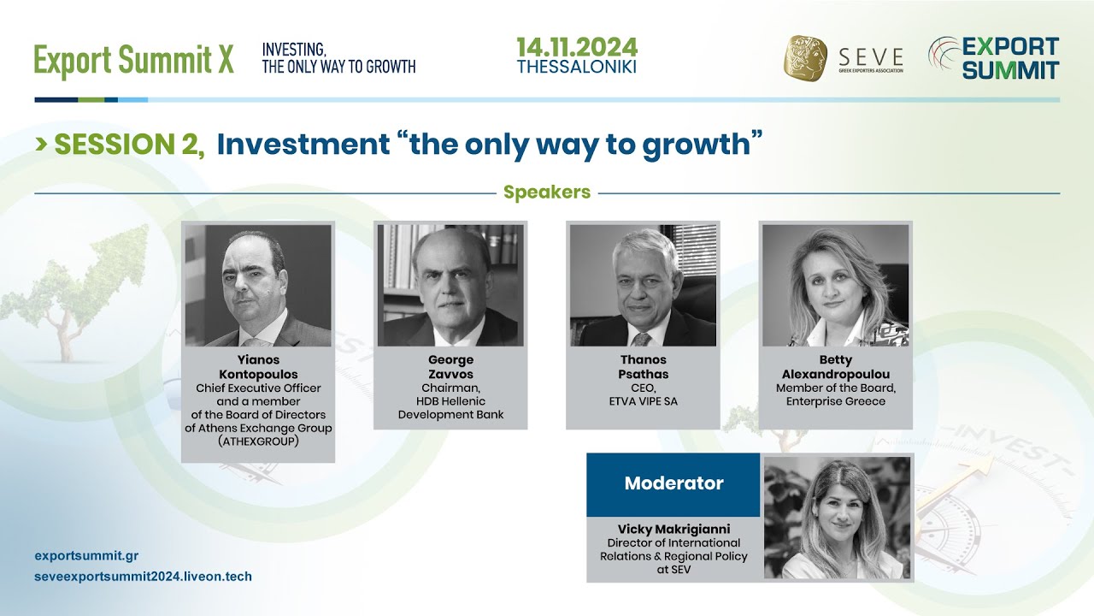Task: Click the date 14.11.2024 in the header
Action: tap(576, 47)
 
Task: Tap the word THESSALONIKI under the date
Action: tap(576, 67)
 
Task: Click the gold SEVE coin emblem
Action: tap(805, 58)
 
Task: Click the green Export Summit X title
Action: tap(133, 61)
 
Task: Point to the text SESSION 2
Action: tap(128, 145)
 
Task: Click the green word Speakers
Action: tap(547, 192)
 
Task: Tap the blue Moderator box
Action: tap(673, 483)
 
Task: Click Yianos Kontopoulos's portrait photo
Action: tap(258, 286)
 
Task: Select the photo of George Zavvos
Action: tap(450, 286)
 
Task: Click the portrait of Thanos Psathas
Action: tap(643, 286)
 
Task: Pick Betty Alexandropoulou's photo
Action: tap(835, 286)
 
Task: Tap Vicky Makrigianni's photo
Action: tap(837, 518)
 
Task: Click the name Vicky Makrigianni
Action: tap(673, 530)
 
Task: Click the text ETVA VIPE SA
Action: tap(643, 401)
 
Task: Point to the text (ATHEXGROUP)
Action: tap(258, 441)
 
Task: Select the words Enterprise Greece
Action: tap(835, 401)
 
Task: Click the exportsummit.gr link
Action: tap(86, 555)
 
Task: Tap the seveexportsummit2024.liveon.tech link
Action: tap(143, 577)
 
